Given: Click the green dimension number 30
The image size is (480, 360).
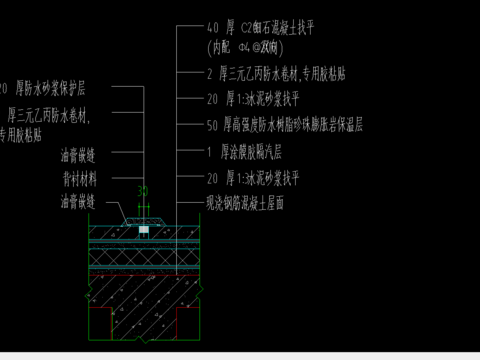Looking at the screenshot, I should (x=142, y=190).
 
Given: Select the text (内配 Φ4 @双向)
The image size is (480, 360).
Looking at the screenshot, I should (x=238, y=47).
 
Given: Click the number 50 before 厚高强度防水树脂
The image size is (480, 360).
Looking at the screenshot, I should (x=212, y=126).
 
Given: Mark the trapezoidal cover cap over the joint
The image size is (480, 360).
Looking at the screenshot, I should (x=144, y=218).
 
